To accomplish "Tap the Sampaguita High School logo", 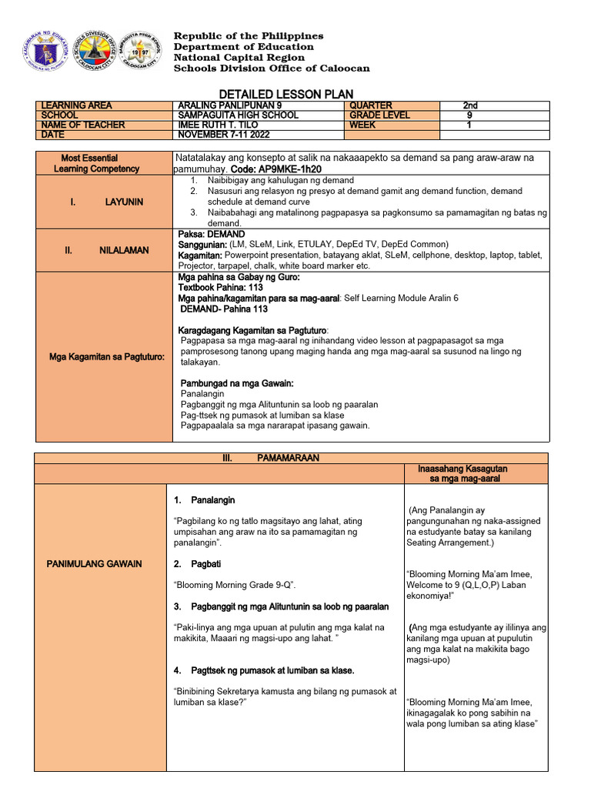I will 142,52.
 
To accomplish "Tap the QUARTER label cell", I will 371,105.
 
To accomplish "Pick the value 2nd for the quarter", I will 470,105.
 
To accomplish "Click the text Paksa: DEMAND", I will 211,234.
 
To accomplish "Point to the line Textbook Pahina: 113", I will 220,288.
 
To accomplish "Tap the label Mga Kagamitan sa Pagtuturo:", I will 105,356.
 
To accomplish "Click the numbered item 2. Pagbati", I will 198,564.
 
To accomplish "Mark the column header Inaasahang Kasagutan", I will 462,469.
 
